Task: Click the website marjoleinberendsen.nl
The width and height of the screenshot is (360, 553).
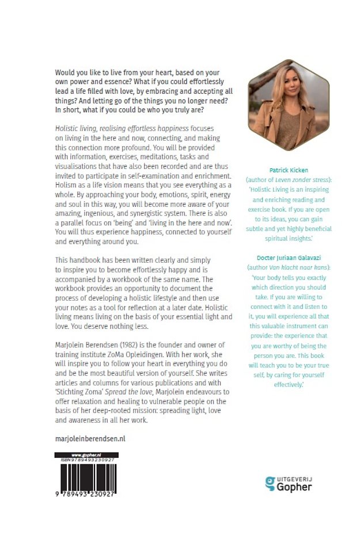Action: click(x=89, y=438)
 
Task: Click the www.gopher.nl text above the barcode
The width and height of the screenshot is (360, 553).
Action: click(x=86, y=455)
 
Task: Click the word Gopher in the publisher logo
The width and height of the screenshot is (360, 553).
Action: click(x=295, y=487)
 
